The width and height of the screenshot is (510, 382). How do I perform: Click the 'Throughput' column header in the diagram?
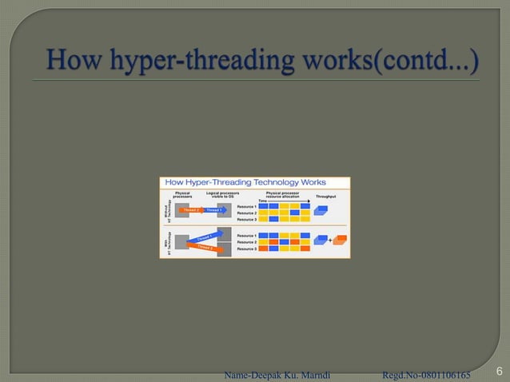[x=325, y=196]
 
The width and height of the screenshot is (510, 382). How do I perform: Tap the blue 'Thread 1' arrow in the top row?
[x=214, y=210]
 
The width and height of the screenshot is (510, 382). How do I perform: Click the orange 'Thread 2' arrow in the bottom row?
[x=205, y=246]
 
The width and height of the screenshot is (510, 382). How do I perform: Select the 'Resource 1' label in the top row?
[x=247, y=207]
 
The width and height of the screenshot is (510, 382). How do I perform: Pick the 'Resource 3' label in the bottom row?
[x=247, y=249]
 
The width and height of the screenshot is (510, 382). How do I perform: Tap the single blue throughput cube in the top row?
[x=322, y=211]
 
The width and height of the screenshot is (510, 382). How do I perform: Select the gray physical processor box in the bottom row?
[x=181, y=240]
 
